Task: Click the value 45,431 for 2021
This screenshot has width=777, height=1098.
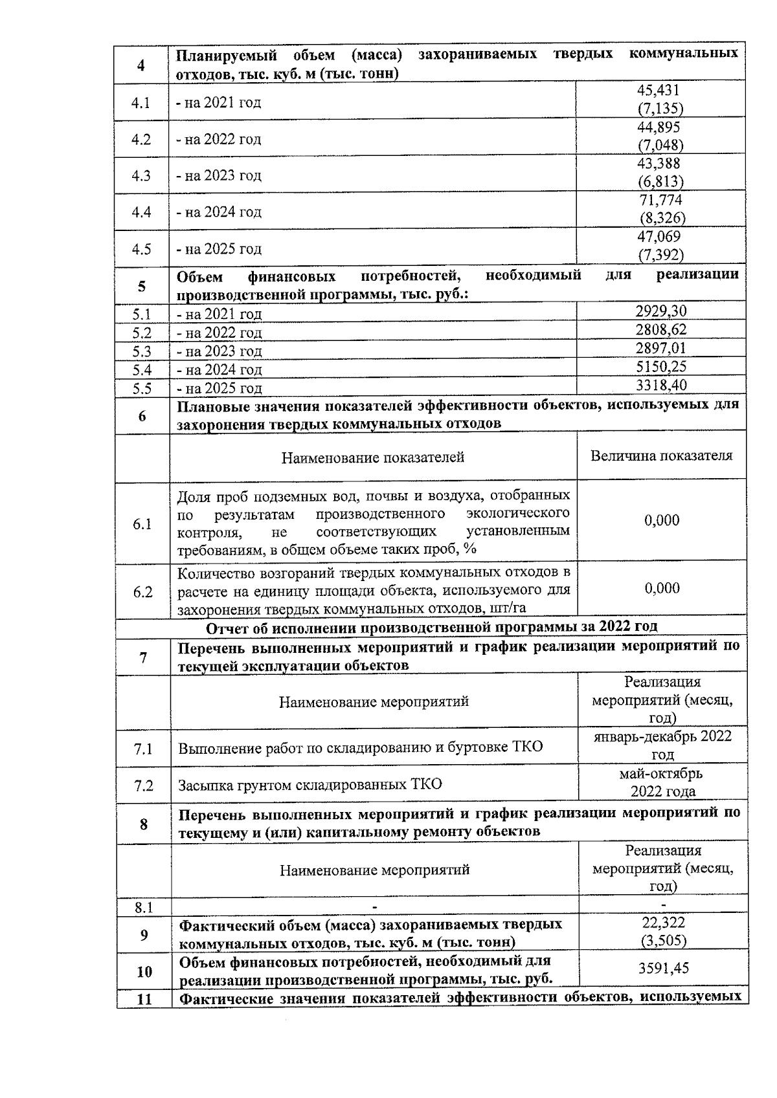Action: tap(659, 91)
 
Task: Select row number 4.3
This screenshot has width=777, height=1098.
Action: tap(141, 175)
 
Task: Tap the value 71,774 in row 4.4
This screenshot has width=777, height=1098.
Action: tap(660, 201)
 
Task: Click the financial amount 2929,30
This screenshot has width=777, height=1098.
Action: tap(660, 311)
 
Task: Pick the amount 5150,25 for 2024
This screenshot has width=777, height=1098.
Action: tap(660, 367)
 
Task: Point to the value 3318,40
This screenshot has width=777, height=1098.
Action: tap(660, 386)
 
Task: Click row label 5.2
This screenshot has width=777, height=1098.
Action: tap(142, 333)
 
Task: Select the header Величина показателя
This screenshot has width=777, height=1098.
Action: tap(661, 456)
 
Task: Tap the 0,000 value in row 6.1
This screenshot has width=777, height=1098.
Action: tap(661, 520)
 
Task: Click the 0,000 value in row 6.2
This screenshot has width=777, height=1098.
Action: tap(661, 588)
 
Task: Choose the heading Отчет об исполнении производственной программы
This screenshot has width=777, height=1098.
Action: tap(431, 627)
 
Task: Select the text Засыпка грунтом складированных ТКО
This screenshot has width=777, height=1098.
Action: tap(310, 785)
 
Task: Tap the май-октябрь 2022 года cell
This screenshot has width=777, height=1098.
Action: tap(662, 782)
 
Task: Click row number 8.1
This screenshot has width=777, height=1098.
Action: tap(143, 908)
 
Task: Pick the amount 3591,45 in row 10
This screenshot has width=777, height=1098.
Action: tap(663, 969)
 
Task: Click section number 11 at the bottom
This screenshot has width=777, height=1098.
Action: tap(144, 999)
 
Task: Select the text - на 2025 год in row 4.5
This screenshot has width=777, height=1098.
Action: tap(220, 249)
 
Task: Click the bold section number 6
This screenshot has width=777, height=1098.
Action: tap(142, 416)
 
